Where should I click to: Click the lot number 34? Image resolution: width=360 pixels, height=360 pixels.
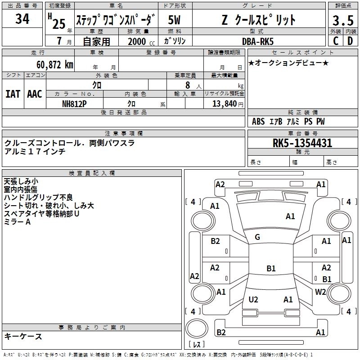22,19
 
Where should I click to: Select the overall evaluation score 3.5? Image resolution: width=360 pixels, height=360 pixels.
342,21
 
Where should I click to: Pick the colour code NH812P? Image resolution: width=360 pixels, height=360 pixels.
74,103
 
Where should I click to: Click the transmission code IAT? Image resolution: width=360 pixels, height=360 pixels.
13,94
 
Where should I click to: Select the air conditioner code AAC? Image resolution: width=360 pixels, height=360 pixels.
35,94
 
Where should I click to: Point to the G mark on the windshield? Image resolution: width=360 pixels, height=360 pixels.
257,237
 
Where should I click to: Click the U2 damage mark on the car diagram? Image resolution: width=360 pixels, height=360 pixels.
253,299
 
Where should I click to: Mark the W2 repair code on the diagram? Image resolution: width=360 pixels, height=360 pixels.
320,292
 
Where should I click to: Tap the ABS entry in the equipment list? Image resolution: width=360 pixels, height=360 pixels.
258,121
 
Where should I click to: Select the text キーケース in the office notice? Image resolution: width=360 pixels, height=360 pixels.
23,336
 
